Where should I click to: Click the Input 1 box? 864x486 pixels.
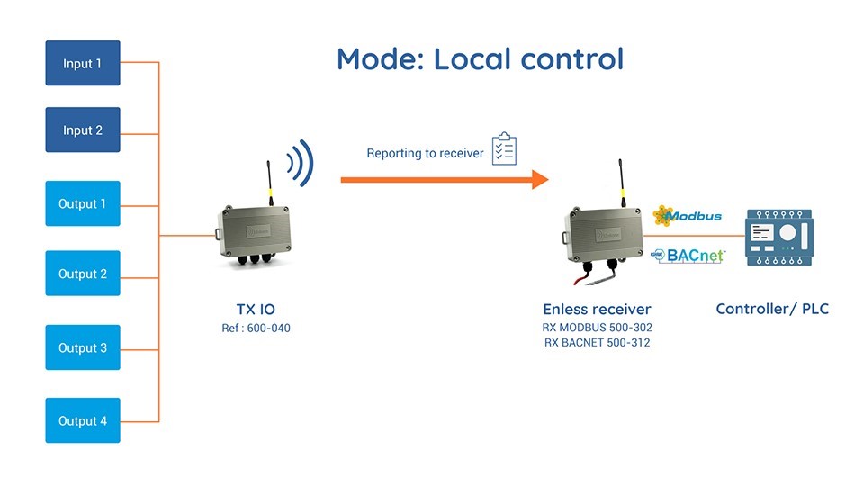click(x=83, y=63)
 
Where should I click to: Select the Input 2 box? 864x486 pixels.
click(x=83, y=130)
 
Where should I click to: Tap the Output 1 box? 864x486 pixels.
click(x=83, y=203)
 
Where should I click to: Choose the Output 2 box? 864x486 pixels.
click(x=83, y=274)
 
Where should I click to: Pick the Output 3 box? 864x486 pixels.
click(x=83, y=347)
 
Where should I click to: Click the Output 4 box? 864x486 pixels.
click(x=83, y=420)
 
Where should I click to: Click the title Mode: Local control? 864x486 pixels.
click(x=480, y=59)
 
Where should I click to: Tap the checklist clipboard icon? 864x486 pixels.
click(x=504, y=149)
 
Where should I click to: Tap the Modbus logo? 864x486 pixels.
click(x=687, y=216)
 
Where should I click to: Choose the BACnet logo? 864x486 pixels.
click(x=689, y=255)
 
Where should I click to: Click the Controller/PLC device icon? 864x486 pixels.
click(x=779, y=237)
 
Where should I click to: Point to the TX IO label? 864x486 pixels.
click(x=255, y=309)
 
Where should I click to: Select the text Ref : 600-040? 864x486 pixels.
click(x=256, y=328)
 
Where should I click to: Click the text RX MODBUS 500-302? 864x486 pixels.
click(x=597, y=328)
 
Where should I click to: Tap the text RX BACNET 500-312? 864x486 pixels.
click(x=597, y=343)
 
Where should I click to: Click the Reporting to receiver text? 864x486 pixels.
click(x=425, y=153)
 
